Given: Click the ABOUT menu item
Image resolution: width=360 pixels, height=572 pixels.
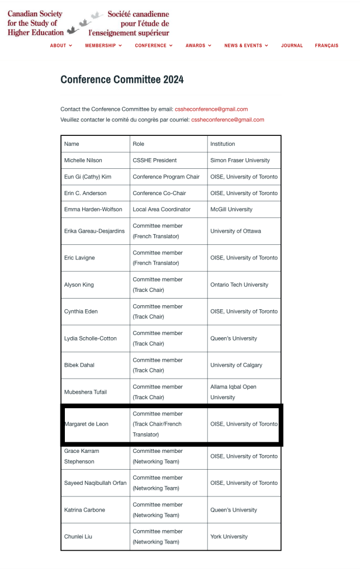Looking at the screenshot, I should (x=61, y=46).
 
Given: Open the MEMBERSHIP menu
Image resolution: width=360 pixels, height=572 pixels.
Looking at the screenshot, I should (x=103, y=46).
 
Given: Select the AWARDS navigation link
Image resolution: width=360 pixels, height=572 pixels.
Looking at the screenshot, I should (x=198, y=46).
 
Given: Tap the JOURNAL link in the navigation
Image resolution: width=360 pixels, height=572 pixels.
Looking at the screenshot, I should (x=292, y=46).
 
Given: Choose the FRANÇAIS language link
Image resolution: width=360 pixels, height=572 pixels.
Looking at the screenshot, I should (x=326, y=46).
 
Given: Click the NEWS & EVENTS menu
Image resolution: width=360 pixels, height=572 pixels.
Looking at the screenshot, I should (x=246, y=46).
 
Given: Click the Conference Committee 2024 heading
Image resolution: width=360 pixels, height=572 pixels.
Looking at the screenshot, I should (x=122, y=79).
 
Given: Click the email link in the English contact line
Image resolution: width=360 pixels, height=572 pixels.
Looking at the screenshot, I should (x=211, y=109).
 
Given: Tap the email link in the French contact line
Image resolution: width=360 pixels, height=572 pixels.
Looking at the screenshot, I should (x=228, y=120).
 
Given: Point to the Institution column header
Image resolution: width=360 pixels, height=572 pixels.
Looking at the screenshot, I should (x=222, y=144).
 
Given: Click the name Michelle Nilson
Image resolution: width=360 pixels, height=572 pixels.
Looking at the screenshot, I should (x=83, y=160).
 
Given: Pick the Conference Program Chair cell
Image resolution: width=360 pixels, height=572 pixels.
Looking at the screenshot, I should (x=166, y=177).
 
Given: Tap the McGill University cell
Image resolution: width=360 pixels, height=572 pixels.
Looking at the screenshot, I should (x=231, y=209).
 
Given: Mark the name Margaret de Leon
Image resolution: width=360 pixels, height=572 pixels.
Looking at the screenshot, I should (x=87, y=424).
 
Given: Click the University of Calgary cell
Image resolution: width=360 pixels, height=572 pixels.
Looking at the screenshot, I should (x=236, y=365).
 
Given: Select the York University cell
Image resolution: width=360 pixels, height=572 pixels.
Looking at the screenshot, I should (x=229, y=537).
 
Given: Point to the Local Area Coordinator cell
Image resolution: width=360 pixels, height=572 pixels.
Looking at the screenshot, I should (x=162, y=209).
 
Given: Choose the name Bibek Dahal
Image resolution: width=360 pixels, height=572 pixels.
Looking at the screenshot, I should (x=79, y=365).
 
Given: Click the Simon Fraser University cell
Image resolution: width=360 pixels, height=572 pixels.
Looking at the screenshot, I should (x=240, y=160).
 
